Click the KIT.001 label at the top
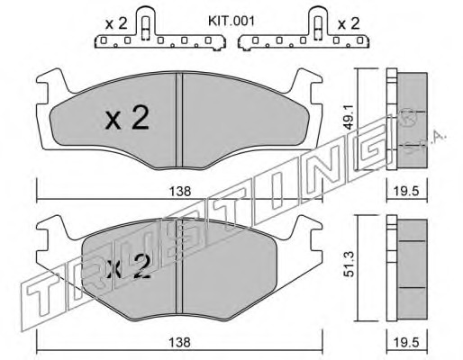coord(231,22)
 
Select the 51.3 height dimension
coord(349,268)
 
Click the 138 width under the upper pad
coord(180,191)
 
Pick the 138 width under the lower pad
coord(180,342)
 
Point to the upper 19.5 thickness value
coord(407,191)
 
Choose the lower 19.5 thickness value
coord(407,342)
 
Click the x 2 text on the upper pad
coord(127,118)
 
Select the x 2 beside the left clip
coord(116,23)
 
